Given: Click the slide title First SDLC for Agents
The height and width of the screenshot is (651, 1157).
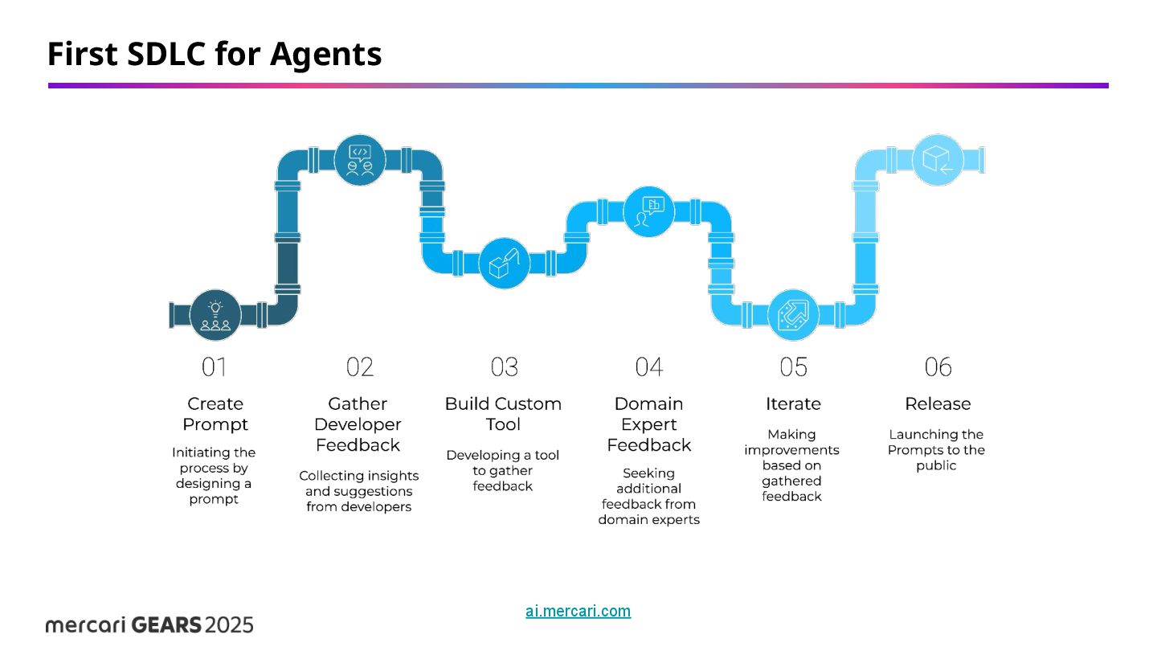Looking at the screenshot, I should click(215, 54).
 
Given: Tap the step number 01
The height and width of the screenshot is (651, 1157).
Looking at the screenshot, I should click(215, 367).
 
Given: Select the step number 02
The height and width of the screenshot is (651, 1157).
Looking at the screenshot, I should click(359, 367).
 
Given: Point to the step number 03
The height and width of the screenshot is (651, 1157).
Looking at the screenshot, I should click(504, 367).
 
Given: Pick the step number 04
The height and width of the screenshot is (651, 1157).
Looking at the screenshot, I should click(648, 367).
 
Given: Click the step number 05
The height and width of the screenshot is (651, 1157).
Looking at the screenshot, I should click(793, 367).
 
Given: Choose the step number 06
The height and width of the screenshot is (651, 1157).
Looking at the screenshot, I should click(938, 367).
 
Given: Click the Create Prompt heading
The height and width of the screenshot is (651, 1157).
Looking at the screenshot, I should click(215, 414).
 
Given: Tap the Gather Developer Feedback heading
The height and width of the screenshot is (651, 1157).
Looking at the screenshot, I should click(358, 424).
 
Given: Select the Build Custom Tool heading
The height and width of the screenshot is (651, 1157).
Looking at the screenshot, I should click(503, 414).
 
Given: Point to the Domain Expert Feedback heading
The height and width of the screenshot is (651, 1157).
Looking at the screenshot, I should click(648, 424).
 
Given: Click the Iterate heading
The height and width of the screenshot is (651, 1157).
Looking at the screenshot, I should click(793, 403).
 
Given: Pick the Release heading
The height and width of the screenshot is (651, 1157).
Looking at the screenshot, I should click(938, 403).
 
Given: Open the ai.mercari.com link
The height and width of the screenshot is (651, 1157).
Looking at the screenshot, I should click(578, 611).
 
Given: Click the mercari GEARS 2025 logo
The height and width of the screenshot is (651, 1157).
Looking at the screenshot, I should click(149, 624).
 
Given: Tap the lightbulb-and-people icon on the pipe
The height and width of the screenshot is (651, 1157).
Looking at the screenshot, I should click(215, 315).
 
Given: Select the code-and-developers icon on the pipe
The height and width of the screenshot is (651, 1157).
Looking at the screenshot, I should click(359, 159).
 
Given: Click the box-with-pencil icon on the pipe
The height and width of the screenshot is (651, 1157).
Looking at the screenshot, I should click(505, 263).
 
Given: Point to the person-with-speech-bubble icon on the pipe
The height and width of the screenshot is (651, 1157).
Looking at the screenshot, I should click(648, 211).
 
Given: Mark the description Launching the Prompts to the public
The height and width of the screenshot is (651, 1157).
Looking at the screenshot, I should click(936, 450).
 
